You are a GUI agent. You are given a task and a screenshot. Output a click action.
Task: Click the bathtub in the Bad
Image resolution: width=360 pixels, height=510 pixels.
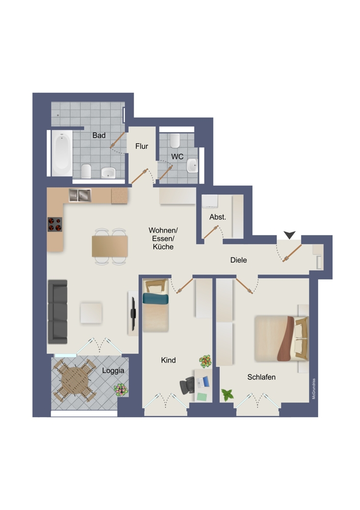point(62,153)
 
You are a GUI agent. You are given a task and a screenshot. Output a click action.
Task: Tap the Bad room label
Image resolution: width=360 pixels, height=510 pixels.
point(99,135)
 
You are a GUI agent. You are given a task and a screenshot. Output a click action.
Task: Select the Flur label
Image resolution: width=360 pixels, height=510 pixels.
point(142,146)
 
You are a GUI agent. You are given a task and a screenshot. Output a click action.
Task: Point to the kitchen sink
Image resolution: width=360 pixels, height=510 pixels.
point(80,195)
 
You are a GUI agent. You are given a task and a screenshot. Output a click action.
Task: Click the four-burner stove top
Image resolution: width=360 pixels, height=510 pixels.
point(55,224)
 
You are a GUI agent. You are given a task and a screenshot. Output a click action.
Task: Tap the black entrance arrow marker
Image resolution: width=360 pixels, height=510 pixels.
point(290,235)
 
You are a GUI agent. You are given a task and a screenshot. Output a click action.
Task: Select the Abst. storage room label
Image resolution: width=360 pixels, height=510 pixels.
point(218,217)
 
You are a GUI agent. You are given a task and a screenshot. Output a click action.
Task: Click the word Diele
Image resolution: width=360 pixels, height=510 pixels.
point(238,260)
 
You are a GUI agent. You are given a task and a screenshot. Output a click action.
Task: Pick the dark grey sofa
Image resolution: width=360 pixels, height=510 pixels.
point(58,312)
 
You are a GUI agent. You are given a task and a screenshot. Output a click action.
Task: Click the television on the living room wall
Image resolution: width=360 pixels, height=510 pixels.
point(133,313)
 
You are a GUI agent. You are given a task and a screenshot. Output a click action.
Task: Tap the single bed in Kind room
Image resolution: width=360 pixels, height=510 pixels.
point(156,305)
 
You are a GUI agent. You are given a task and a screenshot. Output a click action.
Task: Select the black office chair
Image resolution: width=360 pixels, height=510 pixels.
point(187,385)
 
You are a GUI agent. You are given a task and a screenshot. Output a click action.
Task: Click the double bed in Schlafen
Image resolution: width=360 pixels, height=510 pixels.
point(281,338)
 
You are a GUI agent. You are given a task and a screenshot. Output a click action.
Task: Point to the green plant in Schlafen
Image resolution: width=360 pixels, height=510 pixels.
point(227,395)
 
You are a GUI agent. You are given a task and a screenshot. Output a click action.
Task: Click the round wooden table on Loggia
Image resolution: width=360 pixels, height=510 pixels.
point(75,380)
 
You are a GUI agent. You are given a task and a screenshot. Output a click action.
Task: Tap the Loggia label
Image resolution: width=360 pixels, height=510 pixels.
point(113,370)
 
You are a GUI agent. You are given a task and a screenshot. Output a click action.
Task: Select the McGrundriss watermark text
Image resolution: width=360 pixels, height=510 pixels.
point(314,388)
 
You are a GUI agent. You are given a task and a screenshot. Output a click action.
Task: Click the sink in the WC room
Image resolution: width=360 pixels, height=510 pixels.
point(192,165)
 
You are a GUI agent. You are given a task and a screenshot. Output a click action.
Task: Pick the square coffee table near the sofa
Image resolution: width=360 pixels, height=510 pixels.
point(91,313)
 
